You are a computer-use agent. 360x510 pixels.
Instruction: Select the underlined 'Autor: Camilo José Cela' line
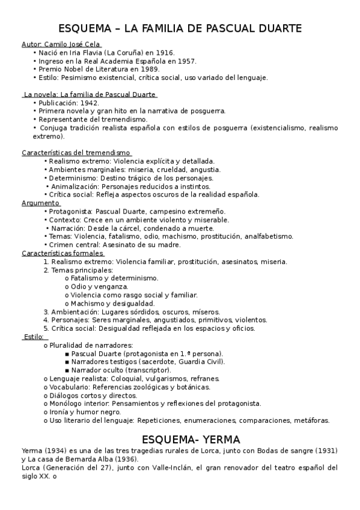[x=61, y=45]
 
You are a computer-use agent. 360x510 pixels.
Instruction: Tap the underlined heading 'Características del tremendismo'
[x=77, y=153]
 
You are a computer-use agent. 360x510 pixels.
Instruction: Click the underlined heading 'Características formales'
[x=63, y=253]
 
